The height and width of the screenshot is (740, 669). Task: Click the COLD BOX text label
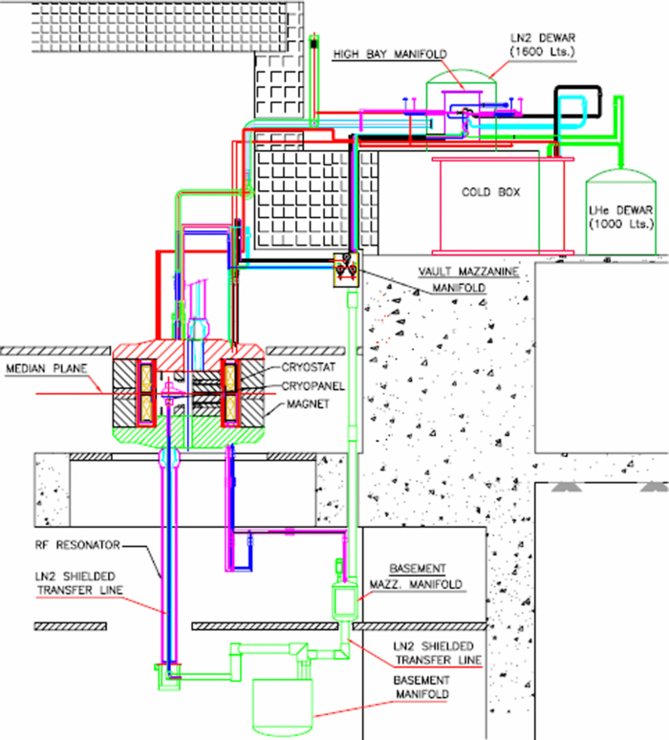pyautogui.click(x=490, y=192)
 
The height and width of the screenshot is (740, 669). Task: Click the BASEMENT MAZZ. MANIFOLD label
pyautogui.click(x=426, y=575)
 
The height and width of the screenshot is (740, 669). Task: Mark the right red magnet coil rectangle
pyautogui.click(x=232, y=392)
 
